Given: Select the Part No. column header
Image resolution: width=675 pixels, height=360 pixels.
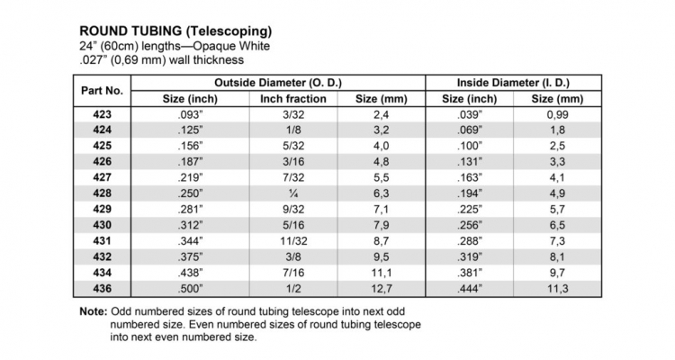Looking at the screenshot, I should coord(102,90).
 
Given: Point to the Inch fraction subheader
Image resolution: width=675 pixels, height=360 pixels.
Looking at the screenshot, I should coord(292,98).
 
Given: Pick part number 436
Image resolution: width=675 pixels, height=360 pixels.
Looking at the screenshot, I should coord(102,288).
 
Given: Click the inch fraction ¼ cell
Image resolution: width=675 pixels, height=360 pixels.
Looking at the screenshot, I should coord(292,193).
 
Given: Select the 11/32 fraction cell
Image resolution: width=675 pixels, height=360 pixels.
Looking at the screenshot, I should coord(292,241).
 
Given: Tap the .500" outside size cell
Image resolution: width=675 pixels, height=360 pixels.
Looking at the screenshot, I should coord(191,288).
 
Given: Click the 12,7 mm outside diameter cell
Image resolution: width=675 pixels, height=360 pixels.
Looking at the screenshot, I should coord(382,288).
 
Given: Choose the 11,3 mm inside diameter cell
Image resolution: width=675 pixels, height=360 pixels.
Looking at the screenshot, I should coord(558,288).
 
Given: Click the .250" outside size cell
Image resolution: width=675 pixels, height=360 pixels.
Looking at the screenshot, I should coord(191,193).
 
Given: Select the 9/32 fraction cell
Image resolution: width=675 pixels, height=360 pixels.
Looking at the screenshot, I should coord(292,210).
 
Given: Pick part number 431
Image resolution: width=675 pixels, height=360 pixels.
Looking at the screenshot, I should coord(102,241).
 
